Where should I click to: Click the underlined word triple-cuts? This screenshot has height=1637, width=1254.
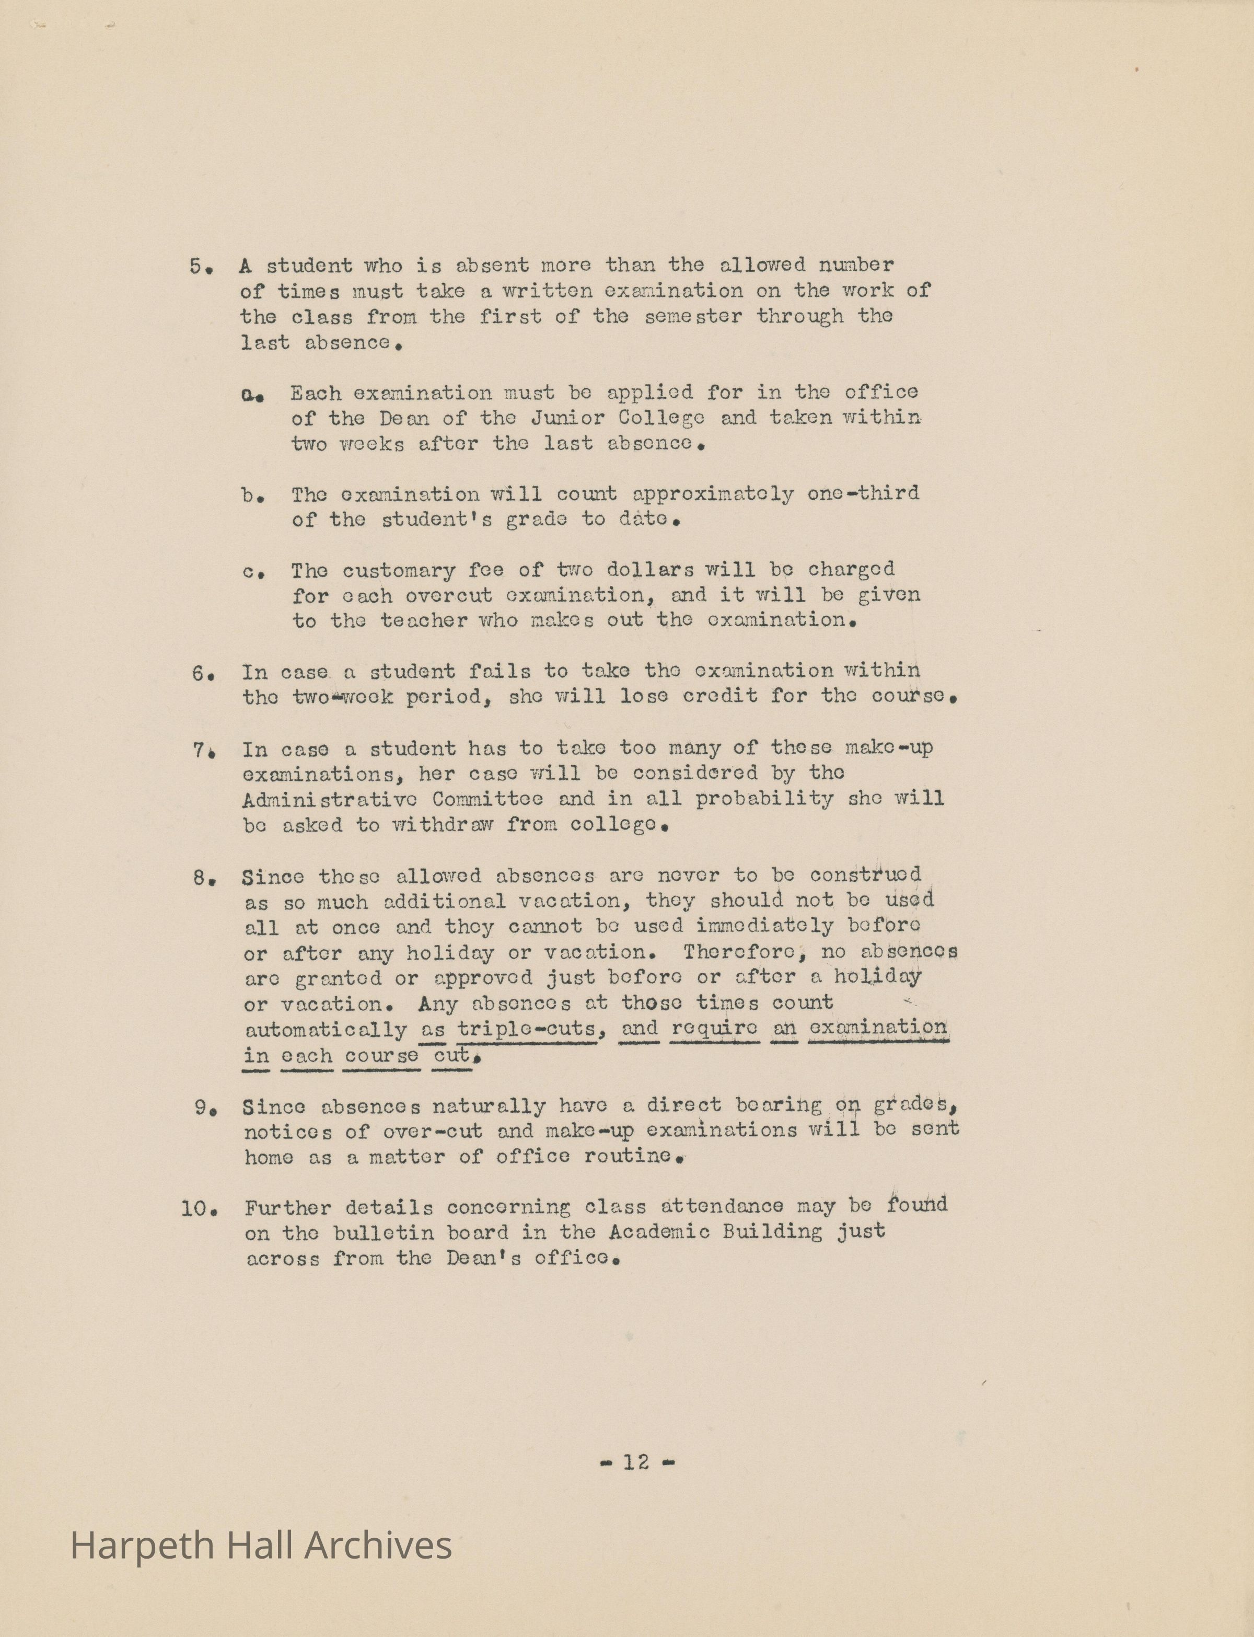(x=526, y=1029)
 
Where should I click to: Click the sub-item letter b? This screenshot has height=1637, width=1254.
(x=249, y=495)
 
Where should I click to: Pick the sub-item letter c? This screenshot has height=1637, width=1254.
(x=249, y=572)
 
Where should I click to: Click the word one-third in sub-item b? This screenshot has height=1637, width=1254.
(x=862, y=493)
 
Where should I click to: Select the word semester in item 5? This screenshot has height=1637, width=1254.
(x=693, y=317)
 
